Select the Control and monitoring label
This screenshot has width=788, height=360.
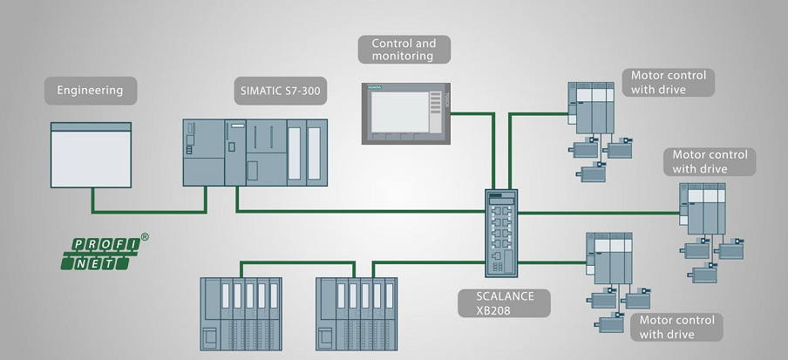click(404, 49)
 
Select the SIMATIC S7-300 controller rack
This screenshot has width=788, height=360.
click(255, 152)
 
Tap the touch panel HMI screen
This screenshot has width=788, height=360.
click(406, 112)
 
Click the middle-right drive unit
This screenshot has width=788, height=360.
click(701, 209)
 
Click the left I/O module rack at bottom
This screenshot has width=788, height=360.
click(241, 313)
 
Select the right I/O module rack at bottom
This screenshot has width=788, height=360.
click(357, 313)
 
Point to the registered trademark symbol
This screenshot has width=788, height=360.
click(145, 235)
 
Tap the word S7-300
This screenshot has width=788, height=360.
click(296, 89)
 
